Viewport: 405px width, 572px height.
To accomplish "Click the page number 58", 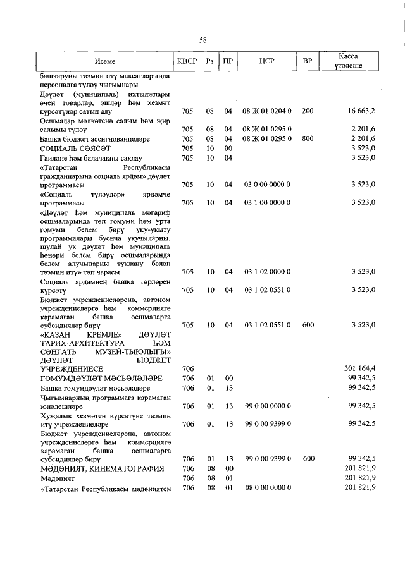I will pyautogui.click(x=202, y=40).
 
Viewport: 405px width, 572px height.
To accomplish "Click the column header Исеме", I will pyautogui.click(x=105, y=61).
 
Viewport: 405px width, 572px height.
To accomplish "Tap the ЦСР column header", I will pyautogui.click(x=266, y=61).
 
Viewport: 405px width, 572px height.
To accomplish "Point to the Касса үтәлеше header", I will pyautogui.click(x=349, y=61).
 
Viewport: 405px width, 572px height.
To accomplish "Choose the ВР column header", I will pyautogui.click(x=308, y=61).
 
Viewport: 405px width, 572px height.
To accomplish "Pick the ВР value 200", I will pyautogui.click(x=308, y=111).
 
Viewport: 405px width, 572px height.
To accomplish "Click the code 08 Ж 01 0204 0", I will pyautogui.click(x=266, y=111).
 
